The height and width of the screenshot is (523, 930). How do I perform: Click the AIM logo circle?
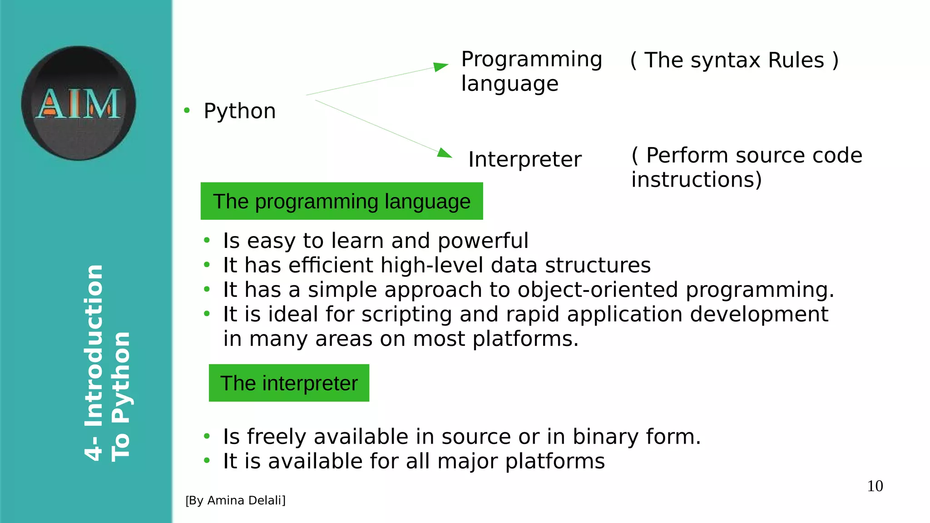point(78,103)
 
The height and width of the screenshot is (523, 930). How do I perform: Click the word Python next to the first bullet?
point(239,111)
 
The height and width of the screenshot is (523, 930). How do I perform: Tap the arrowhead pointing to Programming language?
point(440,67)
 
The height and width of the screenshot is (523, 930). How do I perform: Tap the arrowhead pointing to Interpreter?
point(444,153)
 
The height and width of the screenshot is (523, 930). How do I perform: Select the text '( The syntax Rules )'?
point(734,60)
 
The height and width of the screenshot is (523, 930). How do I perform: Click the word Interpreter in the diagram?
point(524,159)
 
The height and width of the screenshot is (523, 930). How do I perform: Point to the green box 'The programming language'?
point(341,201)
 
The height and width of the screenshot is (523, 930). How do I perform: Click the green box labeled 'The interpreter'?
point(289,383)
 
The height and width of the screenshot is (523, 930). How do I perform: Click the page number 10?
point(875,486)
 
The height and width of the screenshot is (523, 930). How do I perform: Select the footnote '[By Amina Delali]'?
point(235,500)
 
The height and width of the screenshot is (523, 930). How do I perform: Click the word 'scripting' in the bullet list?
point(406,315)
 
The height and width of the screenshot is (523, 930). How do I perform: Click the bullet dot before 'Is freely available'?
point(207,436)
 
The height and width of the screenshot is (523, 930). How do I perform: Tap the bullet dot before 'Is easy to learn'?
point(207,240)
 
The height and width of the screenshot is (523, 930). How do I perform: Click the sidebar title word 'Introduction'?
point(94,345)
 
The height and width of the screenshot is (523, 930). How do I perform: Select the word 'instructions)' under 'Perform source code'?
point(696,180)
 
